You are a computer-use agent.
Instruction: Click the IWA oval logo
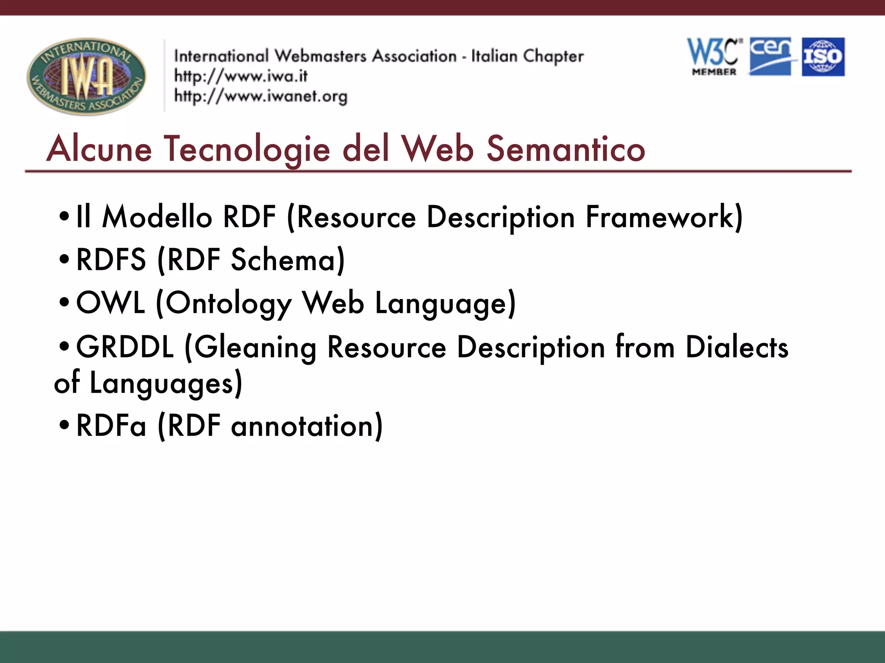click(x=86, y=76)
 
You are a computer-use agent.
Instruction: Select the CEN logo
click(x=771, y=57)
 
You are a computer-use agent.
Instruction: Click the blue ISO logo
click(x=823, y=57)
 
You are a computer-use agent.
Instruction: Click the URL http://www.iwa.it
click(x=241, y=76)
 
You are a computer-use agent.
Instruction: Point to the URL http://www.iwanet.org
click(x=261, y=96)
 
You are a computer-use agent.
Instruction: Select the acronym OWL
click(x=111, y=303)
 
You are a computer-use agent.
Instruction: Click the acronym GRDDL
click(x=125, y=347)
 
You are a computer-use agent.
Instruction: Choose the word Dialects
click(x=737, y=347)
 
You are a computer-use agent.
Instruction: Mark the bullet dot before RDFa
click(x=64, y=425)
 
